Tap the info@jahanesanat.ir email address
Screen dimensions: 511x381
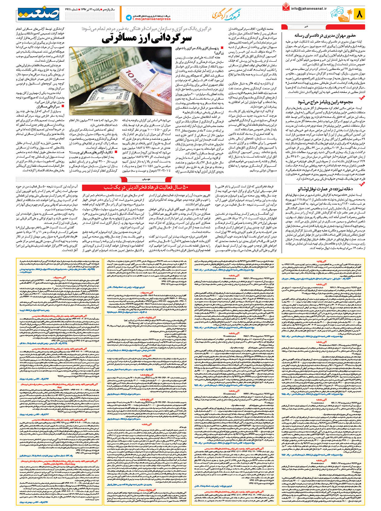pyautogui.click(x=308, y=9)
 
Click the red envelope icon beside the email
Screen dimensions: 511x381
pyautogui.click(x=286, y=7)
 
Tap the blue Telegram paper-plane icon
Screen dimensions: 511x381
pyautogui.click(x=128, y=18)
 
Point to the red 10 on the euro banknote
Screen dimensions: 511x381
pyautogui.click(x=130, y=73)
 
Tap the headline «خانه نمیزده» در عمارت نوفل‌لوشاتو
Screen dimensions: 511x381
pyautogui.click(x=324, y=189)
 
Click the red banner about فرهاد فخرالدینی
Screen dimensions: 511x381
pyautogui.click(x=146, y=187)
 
